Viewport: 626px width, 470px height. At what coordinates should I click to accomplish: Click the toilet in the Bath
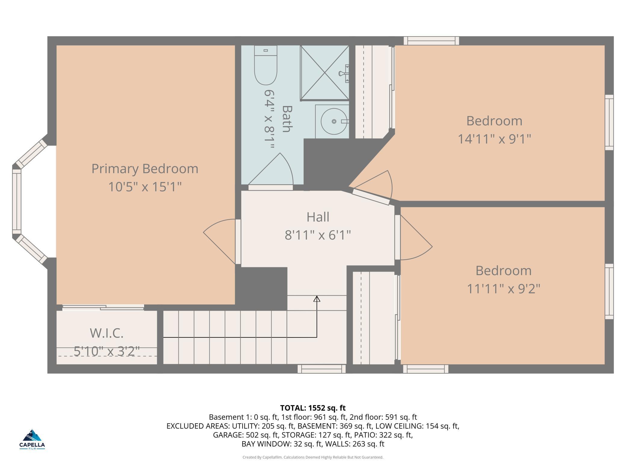[x=265, y=65]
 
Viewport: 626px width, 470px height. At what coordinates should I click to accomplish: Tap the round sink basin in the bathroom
[x=333, y=121]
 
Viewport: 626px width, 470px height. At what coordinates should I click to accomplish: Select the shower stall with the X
[x=324, y=73]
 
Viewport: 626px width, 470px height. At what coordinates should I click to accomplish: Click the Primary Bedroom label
[x=145, y=168]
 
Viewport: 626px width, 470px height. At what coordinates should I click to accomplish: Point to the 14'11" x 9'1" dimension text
[x=494, y=139]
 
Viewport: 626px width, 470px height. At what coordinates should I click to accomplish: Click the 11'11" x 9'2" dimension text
[x=503, y=289]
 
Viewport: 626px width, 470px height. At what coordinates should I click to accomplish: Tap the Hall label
[x=318, y=217]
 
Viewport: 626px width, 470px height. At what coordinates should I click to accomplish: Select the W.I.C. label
[x=107, y=333]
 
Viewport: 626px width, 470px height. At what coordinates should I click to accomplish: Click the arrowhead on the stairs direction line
[x=317, y=299]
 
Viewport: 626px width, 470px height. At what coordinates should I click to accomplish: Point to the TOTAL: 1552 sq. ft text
[x=313, y=408]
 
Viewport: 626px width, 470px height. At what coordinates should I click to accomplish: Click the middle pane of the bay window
[x=17, y=202]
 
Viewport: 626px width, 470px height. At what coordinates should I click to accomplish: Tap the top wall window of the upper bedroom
[x=431, y=41]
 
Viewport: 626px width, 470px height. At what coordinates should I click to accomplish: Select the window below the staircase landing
[x=321, y=369]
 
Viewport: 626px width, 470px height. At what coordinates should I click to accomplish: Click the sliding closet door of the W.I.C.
[x=103, y=307]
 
